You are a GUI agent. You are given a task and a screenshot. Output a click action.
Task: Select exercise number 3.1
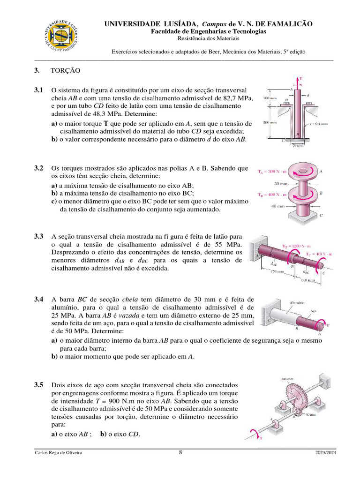[x=38, y=90]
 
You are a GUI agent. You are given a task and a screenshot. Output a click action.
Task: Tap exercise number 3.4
[x=38, y=299]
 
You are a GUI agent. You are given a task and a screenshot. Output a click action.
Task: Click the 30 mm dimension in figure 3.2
[x=280, y=183]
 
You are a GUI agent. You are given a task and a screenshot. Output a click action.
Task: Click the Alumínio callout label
[x=298, y=302]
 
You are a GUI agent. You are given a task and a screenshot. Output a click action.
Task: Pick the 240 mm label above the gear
[x=286, y=379]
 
